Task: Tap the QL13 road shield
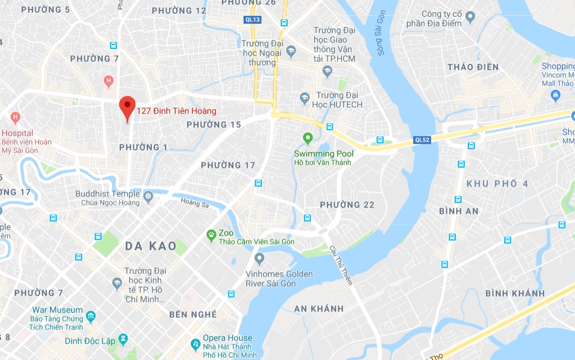tap(252, 20)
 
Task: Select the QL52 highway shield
tap(422, 140)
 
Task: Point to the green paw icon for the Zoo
tap(211, 233)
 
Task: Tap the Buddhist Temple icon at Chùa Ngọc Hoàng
tap(148, 196)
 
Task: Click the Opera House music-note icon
tap(196, 343)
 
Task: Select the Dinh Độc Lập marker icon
tap(124, 339)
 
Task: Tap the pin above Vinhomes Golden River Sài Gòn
tap(259, 258)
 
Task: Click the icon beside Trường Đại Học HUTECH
tap(305, 98)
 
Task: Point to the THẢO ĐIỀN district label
tap(473, 67)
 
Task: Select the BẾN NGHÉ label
tap(193, 315)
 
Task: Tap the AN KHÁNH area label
tap(319, 308)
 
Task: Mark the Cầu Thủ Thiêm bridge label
tap(340, 265)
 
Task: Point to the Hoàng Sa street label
tap(194, 202)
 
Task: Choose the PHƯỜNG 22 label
tap(347, 205)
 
